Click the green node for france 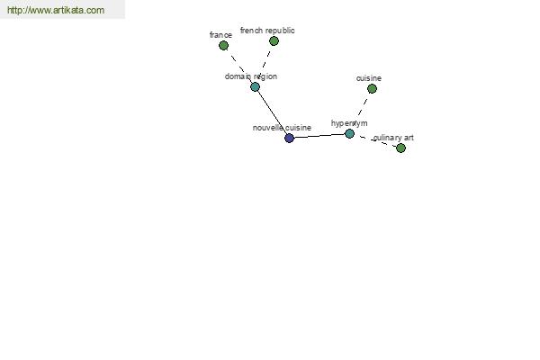tap(223, 45)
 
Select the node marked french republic tap(274, 40)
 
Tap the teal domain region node tap(255, 87)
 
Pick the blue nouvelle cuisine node tap(289, 138)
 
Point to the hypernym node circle tap(349, 133)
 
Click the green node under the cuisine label tap(372, 88)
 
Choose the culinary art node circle tap(400, 148)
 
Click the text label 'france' tap(220, 35)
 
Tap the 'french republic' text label tap(267, 31)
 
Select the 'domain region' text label tap(251, 76)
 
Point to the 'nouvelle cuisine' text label tap(282, 128)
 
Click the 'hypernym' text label tap(349, 123)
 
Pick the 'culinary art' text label tap(393, 138)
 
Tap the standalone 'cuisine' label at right tap(369, 78)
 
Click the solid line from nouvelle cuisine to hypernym tap(319, 136)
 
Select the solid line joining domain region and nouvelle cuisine tap(272, 112)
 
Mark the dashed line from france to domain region tap(238, 66)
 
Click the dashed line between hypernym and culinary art tap(375, 140)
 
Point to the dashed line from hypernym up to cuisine tap(361, 110)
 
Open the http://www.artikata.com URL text tap(56, 11)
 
